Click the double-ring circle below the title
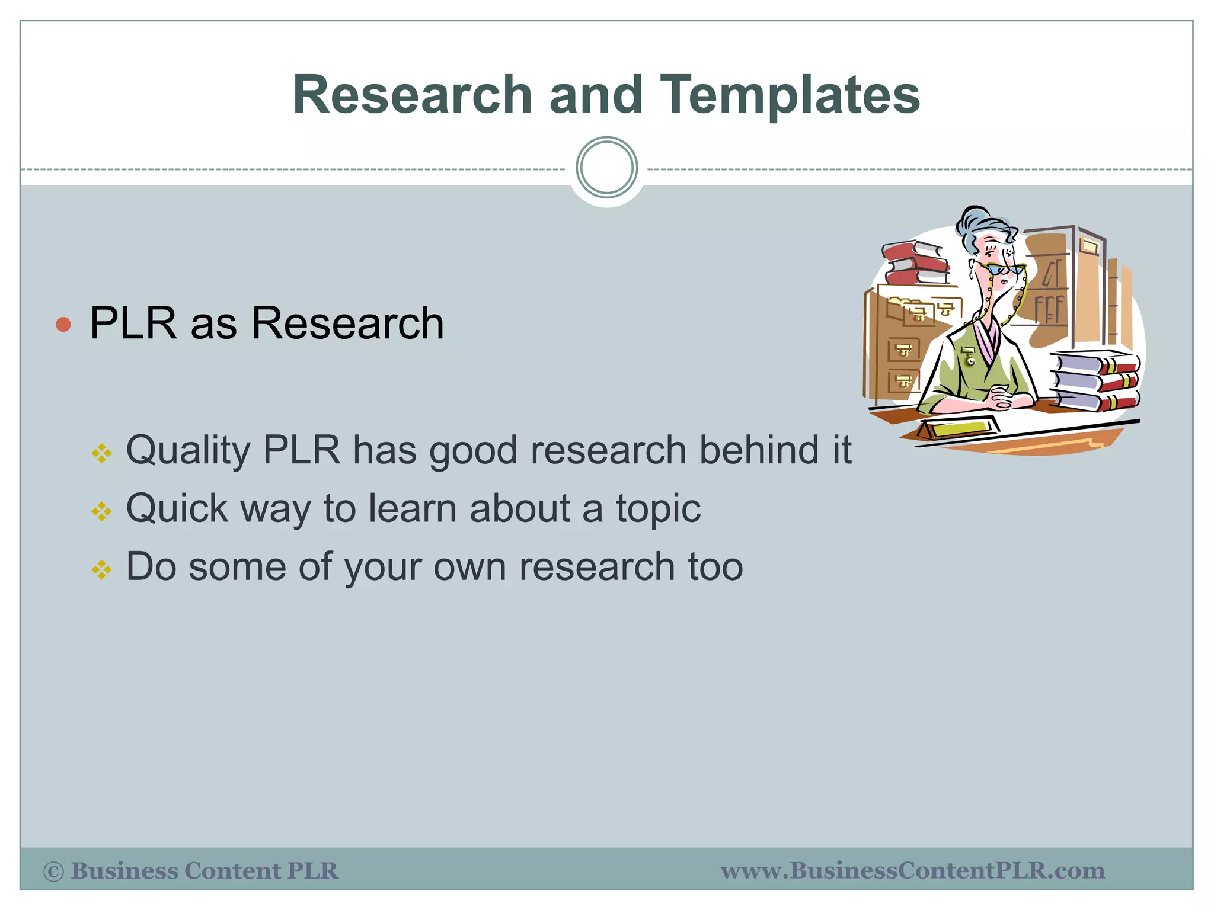(x=606, y=168)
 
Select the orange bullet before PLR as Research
(x=63, y=324)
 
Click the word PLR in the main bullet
(x=133, y=323)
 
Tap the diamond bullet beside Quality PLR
(x=101, y=454)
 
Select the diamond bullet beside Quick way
(x=101, y=511)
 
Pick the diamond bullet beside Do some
(x=101, y=570)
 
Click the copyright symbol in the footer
(x=53, y=871)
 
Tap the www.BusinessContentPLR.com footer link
(x=912, y=871)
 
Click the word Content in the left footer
(x=232, y=871)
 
